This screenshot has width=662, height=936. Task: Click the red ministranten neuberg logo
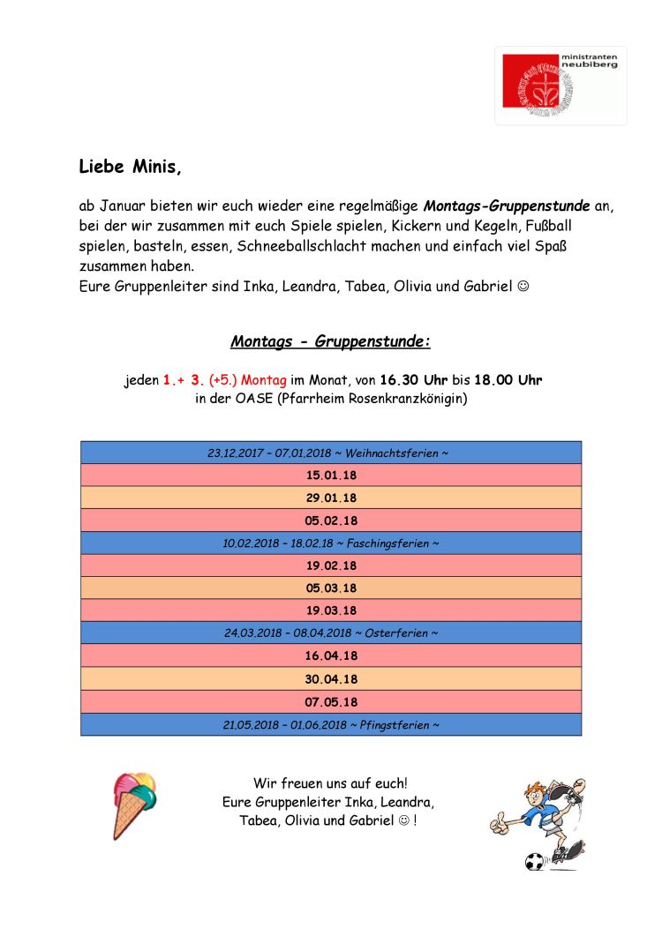pyautogui.click(x=560, y=86)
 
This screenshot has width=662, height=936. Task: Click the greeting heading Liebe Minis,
pyautogui.click(x=130, y=166)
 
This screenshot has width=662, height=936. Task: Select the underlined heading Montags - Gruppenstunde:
pyautogui.click(x=330, y=341)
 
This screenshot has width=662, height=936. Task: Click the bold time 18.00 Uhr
pyautogui.click(x=508, y=380)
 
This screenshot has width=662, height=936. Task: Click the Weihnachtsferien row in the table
pyautogui.click(x=330, y=453)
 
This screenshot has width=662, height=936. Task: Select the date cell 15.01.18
pyautogui.click(x=330, y=475)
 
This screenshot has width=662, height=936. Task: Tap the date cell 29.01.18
pyautogui.click(x=330, y=498)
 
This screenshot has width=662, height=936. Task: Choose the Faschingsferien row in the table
pyautogui.click(x=330, y=543)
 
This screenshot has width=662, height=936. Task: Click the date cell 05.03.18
pyautogui.click(x=330, y=588)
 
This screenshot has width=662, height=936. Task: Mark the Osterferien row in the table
pyautogui.click(x=330, y=633)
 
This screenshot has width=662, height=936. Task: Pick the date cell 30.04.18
pyautogui.click(x=330, y=679)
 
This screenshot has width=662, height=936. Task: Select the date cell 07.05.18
pyautogui.click(x=330, y=702)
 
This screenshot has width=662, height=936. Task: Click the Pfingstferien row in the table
pyautogui.click(x=330, y=725)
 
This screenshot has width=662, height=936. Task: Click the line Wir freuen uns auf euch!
pyautogui.click(x=330, y=782)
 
